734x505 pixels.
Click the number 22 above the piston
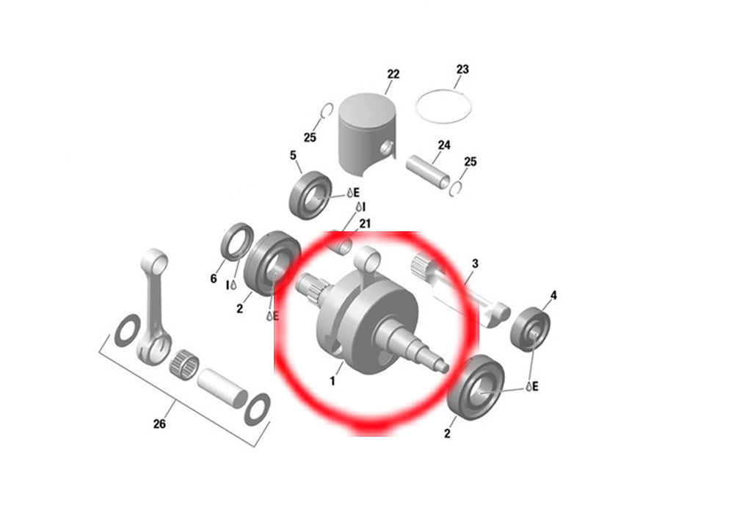393,74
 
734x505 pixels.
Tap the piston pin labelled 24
428,171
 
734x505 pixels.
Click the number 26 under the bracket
159,424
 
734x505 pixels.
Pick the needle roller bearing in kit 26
184,365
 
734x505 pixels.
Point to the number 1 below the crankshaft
333,381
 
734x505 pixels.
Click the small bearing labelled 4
530,328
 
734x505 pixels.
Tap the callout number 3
475,264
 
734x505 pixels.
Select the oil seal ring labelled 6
237,241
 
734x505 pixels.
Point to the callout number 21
365,224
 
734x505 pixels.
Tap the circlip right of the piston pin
457,189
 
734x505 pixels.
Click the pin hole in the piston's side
387,148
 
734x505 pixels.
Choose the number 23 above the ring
462,69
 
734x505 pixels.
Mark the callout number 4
553,295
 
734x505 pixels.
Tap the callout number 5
293,155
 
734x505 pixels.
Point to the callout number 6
214,278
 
